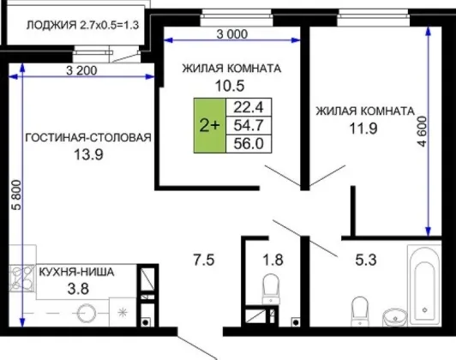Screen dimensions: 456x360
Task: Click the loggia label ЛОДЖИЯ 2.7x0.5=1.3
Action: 83,25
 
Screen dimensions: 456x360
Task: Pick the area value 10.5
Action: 230,86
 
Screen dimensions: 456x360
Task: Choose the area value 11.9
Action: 363,129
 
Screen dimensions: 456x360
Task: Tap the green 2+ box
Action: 210,125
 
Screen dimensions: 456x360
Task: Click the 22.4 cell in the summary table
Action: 249,107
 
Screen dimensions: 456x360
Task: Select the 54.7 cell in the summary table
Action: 249,125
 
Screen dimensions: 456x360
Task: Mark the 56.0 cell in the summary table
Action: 249,144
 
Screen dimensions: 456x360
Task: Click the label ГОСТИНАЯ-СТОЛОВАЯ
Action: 88,137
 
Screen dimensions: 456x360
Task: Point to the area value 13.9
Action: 88,154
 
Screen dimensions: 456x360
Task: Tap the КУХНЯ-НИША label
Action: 76,273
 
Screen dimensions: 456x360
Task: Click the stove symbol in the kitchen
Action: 21,279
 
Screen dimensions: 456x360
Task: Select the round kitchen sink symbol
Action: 87,314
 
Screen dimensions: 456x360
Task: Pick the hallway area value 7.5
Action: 204,260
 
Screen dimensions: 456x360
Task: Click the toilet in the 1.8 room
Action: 271,289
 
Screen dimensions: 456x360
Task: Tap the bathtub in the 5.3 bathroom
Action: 424,286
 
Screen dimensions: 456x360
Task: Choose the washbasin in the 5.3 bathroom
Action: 395,317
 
